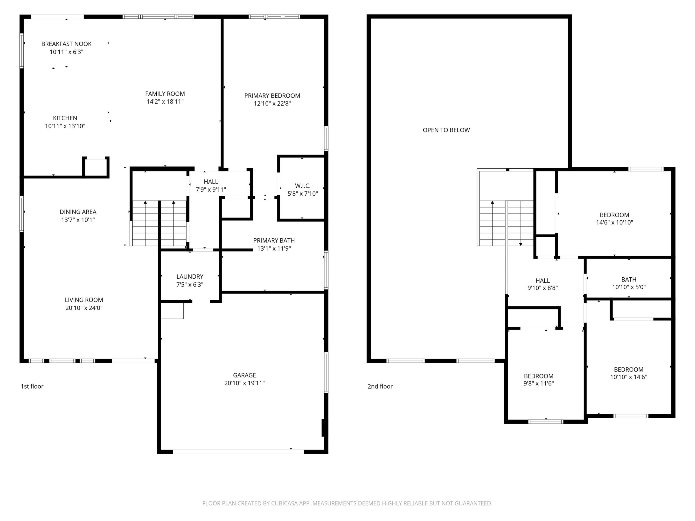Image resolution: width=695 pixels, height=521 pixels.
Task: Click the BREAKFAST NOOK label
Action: [66, 44]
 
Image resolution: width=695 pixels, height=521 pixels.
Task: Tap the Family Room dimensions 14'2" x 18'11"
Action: [165, 102]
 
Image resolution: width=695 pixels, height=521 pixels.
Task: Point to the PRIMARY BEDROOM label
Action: [272, 96]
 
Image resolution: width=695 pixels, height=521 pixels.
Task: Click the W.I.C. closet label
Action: [303, 185]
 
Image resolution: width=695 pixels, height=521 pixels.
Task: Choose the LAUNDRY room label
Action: [190, 276]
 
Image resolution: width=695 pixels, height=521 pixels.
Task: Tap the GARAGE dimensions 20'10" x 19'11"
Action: [244, 383]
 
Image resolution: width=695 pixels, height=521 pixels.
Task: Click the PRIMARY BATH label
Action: [274, 240]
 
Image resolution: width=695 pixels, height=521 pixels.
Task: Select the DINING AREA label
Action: [78, 212]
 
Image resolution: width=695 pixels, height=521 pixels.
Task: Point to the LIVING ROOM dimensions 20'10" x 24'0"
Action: [84, 308]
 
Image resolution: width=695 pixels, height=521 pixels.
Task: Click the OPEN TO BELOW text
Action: [446, 130]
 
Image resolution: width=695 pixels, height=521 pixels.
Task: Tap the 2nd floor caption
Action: [380, 386]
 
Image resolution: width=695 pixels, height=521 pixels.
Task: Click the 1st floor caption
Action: [32, 386]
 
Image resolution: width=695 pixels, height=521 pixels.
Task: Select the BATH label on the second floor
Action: [629, 279]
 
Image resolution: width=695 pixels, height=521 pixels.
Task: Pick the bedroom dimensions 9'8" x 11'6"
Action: [539, 383]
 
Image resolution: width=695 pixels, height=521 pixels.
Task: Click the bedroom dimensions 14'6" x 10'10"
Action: [614, 222]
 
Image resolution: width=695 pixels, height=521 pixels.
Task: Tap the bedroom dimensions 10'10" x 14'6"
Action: [628, 377]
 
